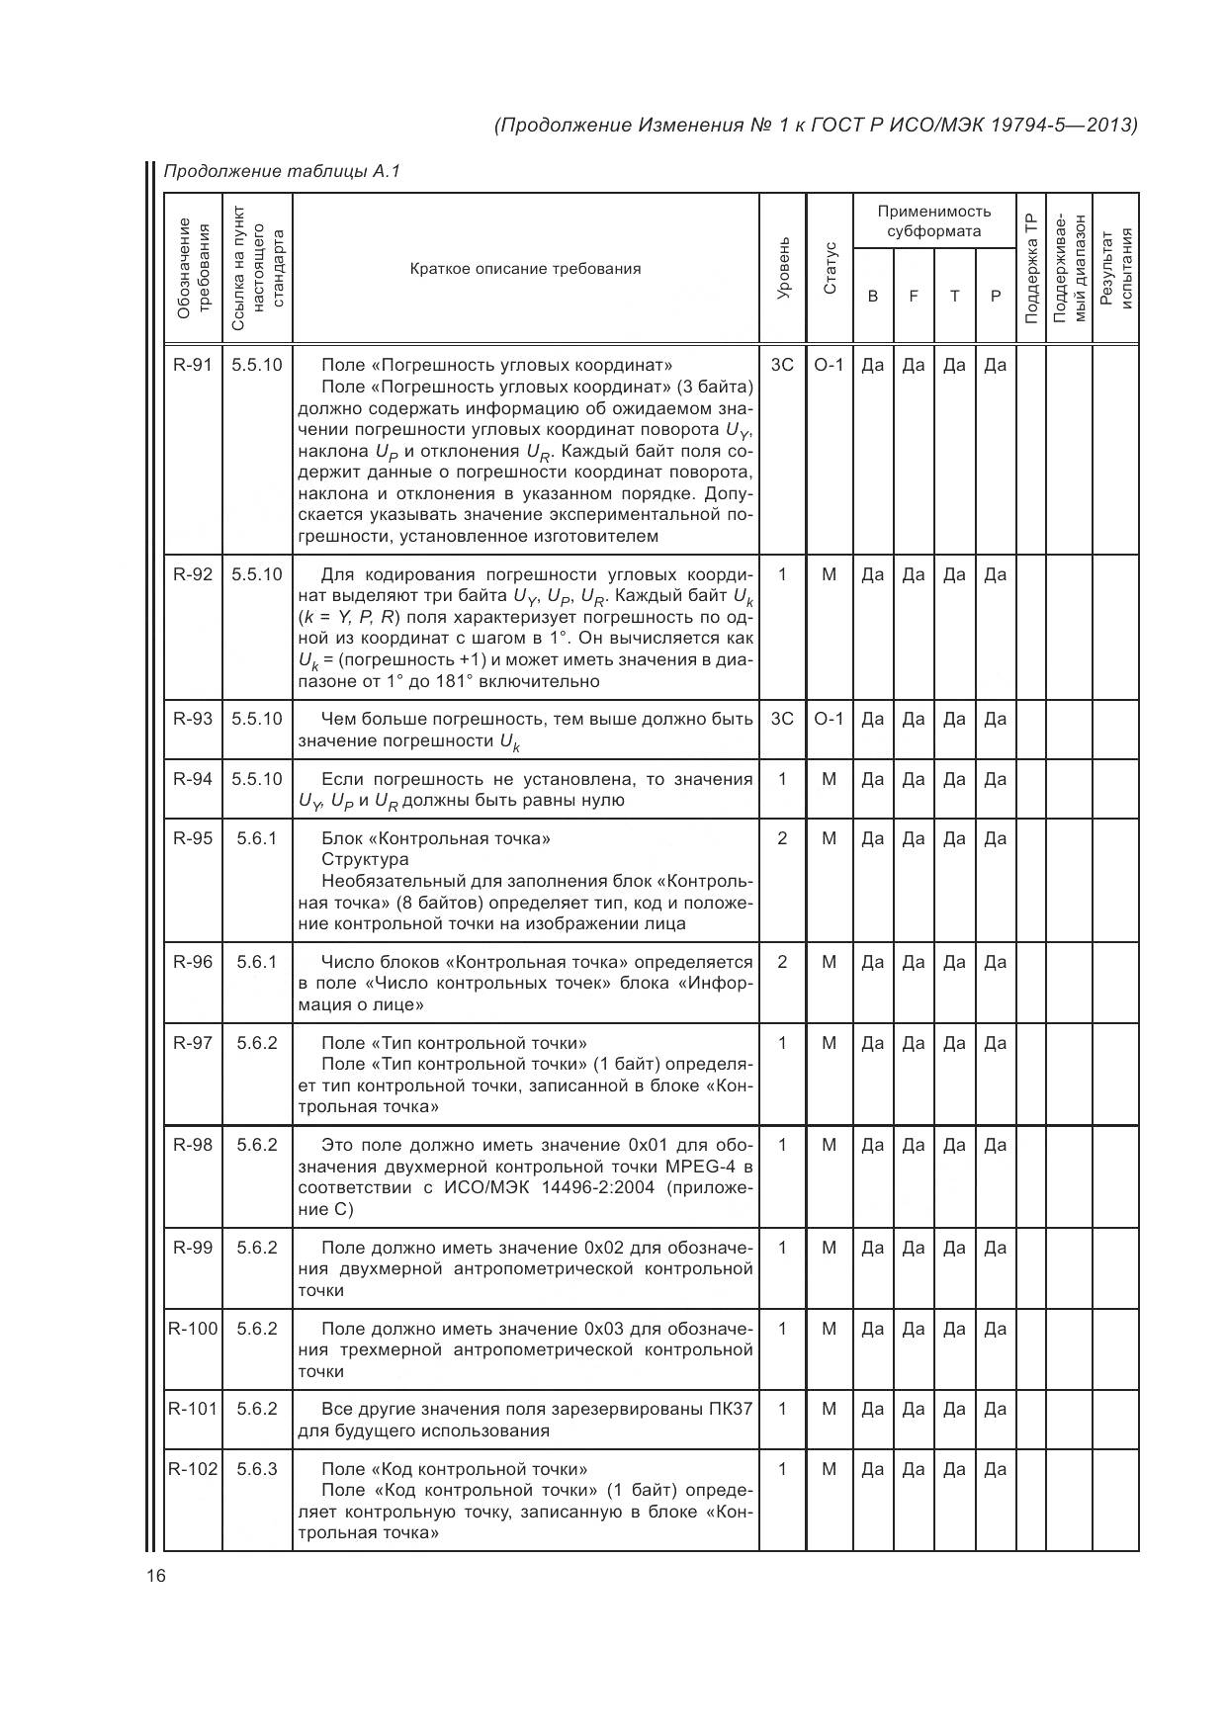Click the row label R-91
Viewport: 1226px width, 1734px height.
click(x=193, y=365)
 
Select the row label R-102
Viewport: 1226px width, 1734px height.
click(x=193, y=1469)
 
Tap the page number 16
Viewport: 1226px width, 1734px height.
click(x=156, y=1576)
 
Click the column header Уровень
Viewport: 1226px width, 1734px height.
click(x=783, y=268)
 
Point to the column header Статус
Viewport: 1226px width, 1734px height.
click(x=830, y=268)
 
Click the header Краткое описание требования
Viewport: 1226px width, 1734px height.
click(x=525, y=269)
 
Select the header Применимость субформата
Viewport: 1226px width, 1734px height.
click(x=933, y=221)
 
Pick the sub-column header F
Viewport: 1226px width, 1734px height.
click(x=914, y=296)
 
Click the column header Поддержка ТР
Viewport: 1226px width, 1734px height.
click(x=1030, y=268)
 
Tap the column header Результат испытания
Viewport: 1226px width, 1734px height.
click(x=1115, y=268)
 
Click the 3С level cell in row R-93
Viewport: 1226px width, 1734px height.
click(x=782, y=719)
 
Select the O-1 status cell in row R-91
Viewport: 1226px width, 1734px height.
click(x=829, y=365)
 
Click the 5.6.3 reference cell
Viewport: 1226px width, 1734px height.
click(x=257, y=1469)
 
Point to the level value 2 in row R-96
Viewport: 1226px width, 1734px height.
click(x=782, y=962)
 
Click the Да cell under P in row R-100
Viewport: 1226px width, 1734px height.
click(x=995, y=1329)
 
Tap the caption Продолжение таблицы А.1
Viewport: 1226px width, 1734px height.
click(x=282, y=172)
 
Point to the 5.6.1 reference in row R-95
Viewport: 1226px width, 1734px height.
click(x=257, y=838)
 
